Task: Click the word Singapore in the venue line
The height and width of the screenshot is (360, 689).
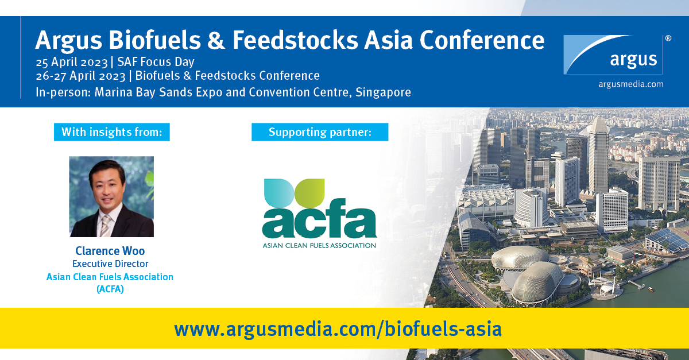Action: click(x=384, y=92)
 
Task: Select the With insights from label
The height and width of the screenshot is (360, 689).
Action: click(x=112, y=133)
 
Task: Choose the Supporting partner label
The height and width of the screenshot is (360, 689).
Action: click(x=320, y=133)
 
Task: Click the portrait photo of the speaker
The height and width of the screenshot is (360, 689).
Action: click(x=111, y=196)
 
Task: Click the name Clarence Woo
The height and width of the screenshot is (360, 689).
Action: click(x=110, y=251)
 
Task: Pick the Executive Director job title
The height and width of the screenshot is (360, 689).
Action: click(x=110, y=264)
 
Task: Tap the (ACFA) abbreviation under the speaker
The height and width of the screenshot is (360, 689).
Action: click(x=110, y=289)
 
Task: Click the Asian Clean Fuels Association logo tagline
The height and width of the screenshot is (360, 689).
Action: click(x=319, y=245)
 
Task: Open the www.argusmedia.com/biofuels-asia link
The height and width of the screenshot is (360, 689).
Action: click(x=338, y=329)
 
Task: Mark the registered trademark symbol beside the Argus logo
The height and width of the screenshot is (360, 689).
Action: click(x=668, y=38)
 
